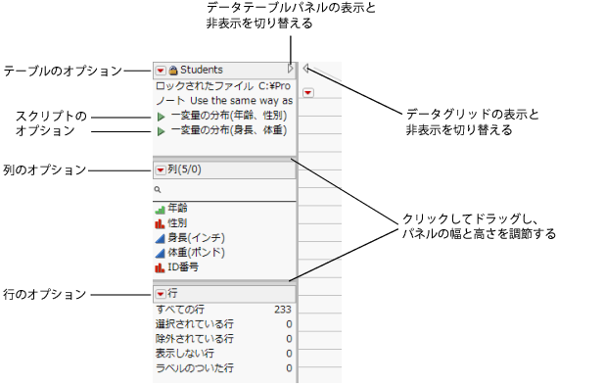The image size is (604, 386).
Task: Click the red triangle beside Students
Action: pos(161,71)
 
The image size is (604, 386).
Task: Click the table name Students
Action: pos(201,71)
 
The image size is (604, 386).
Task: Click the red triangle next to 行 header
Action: pos(161,294)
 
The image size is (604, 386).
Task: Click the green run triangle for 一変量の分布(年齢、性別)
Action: pos(161,116)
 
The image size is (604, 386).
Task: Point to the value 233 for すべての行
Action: pos(283,310)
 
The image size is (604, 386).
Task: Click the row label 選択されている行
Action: pos(195,324)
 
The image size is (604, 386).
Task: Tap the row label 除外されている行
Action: pos(195,339)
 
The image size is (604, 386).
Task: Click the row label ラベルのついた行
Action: pos(195,368)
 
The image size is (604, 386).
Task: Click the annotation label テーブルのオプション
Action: pos(62,71)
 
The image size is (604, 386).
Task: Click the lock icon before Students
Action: pos(173,71)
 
